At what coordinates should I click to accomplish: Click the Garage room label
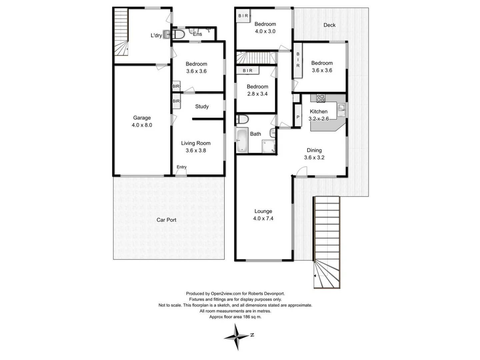coord(142,118)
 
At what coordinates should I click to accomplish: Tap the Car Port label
coord(166,220)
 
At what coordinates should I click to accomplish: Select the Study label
coord(202,106)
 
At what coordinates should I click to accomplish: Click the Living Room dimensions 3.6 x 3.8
coord(196,151)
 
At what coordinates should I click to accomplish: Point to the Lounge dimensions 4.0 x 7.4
coord(263,219)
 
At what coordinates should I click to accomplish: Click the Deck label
coord(329,25)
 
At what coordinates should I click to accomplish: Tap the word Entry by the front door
coord(182,167)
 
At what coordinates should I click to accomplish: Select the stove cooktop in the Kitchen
coord(320,98)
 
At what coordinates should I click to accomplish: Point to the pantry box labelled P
coord(298,117)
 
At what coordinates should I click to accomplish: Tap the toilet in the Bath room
coord(242,119)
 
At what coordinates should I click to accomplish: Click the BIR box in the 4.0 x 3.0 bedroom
coord(243,16)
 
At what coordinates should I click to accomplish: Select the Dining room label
coord(314,150)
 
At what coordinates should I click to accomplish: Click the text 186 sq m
coord(252,317)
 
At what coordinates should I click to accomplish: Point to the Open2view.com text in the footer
coord(226,294)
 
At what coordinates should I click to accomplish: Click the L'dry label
coord(156,35)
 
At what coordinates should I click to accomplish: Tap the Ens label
coord(197,34)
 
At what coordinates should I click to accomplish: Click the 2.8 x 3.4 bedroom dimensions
coord(257,94)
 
